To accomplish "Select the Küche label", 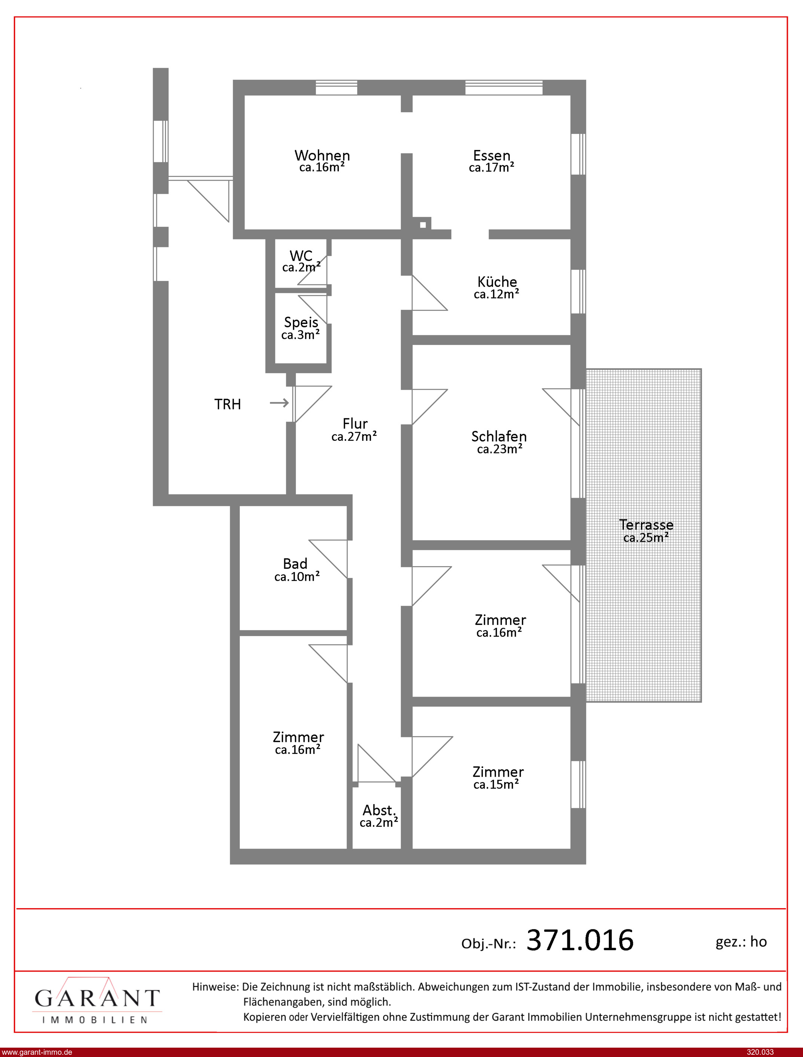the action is pos(497,282).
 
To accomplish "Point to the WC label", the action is pos(301,256).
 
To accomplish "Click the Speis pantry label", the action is pos(301,322).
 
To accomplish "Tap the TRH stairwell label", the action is pos(227,404).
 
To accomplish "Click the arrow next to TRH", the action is pos(280,403).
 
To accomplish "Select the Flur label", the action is pos(355,424).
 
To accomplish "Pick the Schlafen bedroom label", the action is pos(499,437).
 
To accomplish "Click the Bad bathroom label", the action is pos(295,563).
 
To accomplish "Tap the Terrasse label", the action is pos(646,525).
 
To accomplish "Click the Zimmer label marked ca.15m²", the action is pos(498,772).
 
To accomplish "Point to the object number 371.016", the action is pos(580,940).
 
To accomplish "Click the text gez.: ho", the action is pos(741,942).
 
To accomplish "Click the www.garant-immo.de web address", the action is pos(37,1052).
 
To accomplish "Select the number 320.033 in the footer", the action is pos(760,1052).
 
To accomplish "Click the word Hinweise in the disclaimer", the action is pos(215,986).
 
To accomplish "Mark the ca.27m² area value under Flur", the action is pos(354,437).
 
